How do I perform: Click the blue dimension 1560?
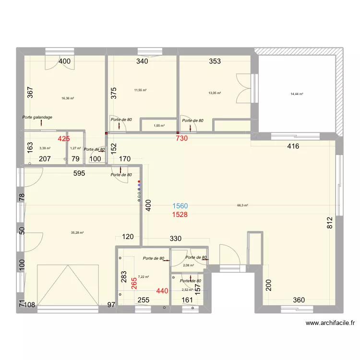pos(180,206)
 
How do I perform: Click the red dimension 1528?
pos(180,215)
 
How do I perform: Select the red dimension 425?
pos(64,139)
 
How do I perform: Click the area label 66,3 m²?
pos(242,205)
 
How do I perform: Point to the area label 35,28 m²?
pos(77,233)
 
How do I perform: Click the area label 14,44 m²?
pos(297,94)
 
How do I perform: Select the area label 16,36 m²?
pos(68,98)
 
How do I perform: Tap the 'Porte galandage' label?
pos(37,117)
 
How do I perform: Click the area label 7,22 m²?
pos(144,276)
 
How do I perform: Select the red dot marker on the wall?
pos(139,180)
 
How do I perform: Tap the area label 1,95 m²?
pos(159,126)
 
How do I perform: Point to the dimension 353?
pos(215,61)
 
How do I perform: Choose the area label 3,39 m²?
pos(45,148)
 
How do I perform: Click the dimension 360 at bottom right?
pos(299,300)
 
